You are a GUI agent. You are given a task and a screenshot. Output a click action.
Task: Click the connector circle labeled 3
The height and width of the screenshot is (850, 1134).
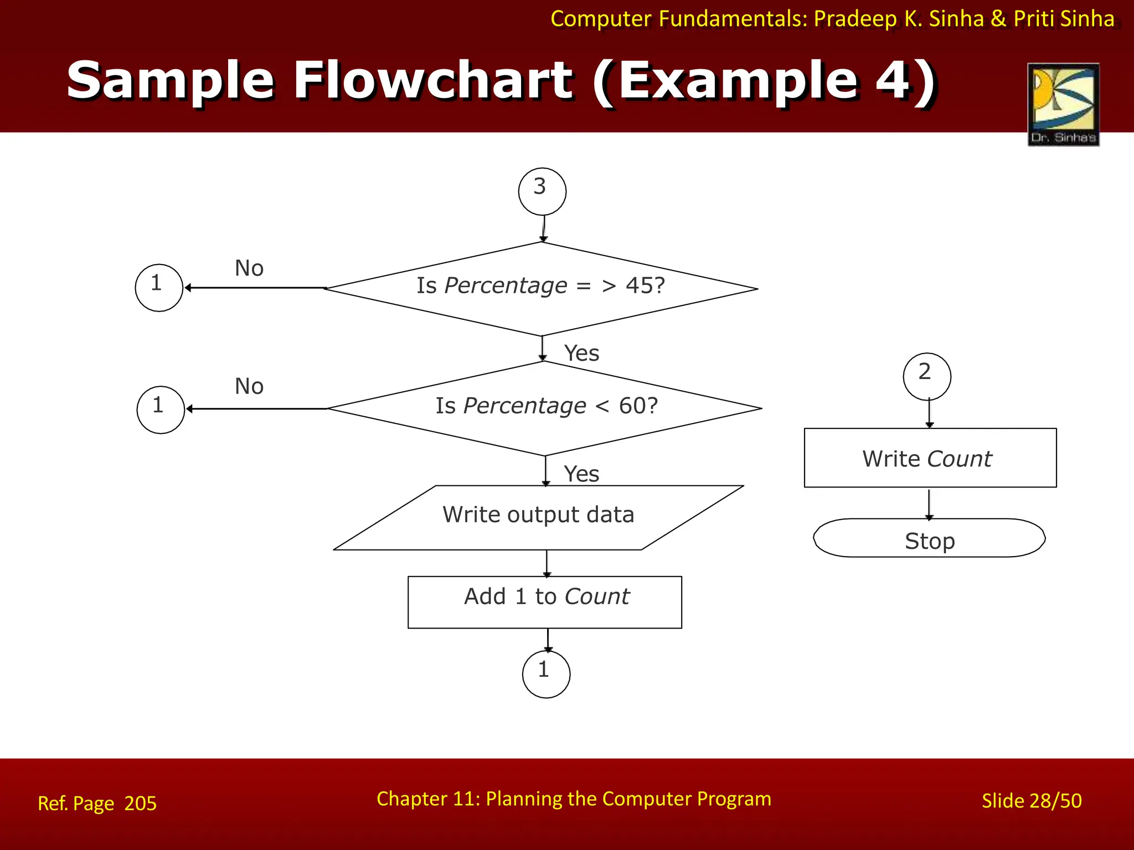(542, 191)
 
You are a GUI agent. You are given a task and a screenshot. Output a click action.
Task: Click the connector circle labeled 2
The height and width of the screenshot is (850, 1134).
(927, 376)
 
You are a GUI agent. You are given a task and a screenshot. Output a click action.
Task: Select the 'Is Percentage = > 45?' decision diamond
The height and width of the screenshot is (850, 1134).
(542, 288)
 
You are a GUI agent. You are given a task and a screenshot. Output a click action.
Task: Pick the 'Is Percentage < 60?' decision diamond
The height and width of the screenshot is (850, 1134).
(545, 408)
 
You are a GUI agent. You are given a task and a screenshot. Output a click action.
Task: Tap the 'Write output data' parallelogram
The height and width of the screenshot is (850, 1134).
(538, 517)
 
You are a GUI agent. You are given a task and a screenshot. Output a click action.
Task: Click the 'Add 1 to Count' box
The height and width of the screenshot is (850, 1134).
(545, 602)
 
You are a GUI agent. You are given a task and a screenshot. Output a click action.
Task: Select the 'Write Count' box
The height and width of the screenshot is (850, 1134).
(930, 458)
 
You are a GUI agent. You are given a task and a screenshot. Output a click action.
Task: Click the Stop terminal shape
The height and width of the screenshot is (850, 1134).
(929, 538)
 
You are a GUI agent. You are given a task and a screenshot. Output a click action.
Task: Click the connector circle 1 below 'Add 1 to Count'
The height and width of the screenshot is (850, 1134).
(546, 674)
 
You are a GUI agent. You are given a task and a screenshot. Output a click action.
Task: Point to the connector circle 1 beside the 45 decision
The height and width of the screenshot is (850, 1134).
(159, 288)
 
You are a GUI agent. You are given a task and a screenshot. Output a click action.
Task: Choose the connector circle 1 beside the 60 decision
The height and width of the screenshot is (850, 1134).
(161, 410)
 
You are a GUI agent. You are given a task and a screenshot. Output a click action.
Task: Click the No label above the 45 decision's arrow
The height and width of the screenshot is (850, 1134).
(249, 268)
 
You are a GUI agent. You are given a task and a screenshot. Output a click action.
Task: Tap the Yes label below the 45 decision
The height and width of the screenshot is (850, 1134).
(581, 353)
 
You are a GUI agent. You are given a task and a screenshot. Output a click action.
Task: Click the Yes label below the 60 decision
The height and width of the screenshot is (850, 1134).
(581, 474)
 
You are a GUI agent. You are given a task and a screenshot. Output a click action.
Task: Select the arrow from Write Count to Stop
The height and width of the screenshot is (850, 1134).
(929, 503)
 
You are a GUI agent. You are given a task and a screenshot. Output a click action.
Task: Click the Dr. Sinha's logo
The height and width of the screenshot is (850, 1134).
(1063, 105)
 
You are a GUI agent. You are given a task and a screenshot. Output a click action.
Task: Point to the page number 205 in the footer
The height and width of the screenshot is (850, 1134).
(141, 803)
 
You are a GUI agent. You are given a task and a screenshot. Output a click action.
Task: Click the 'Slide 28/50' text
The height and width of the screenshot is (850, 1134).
(1031, 801)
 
